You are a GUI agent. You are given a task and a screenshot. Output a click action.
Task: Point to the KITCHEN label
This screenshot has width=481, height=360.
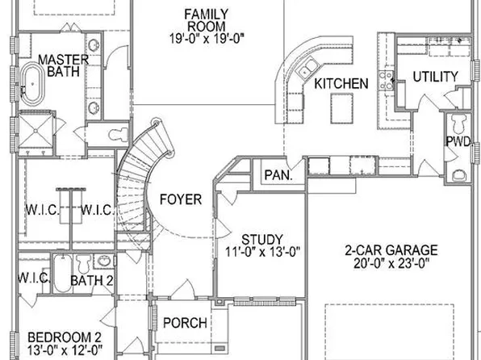pyautogui.click(x=341, y=84)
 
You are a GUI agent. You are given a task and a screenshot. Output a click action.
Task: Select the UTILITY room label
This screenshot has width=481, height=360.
pyautogui.click(x=436, y=77)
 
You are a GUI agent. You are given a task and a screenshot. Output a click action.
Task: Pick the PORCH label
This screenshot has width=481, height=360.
pyautogui.click(x=185, y=324)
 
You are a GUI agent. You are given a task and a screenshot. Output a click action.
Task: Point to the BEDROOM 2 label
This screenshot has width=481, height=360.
pyautogui.click(x=64, y=337)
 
